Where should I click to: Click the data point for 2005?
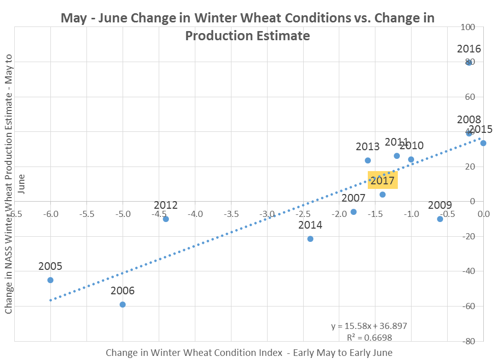click(50, 280)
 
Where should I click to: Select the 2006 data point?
click(123, 304)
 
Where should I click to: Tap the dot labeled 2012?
click(166, 219)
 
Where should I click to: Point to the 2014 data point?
click(310, 239)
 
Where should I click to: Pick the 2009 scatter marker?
click(440, 219)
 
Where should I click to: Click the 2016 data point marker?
click(469, 63)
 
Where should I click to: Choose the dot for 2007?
click(354, 212)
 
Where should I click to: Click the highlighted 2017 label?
click(383, 180)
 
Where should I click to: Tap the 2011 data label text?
click(396, 142)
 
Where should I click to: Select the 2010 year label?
click(412, 146)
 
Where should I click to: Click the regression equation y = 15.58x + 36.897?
click(369, 326)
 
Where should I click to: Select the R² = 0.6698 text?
click(369, 337)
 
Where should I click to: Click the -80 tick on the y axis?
click(481, 341)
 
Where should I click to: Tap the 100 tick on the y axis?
click(482, 27)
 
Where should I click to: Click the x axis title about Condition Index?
click(249, 352)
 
